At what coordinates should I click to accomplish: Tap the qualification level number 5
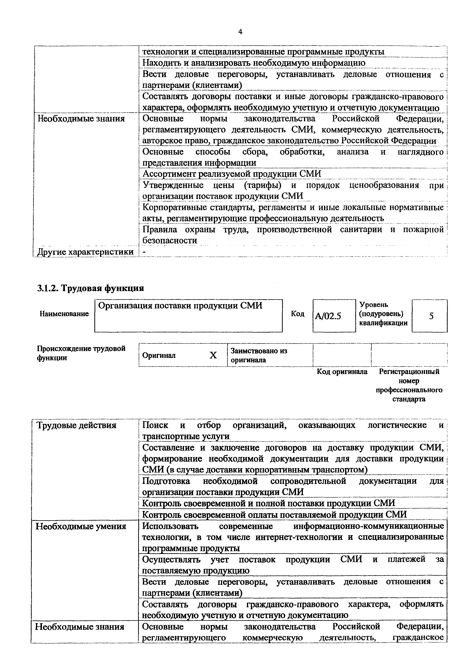tap(431, 316)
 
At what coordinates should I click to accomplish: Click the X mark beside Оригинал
tap(213, 355)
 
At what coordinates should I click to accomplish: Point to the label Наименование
tap(64, 314)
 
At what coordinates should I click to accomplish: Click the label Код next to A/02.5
tap(298, 314)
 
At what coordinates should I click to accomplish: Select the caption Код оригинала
tap(342, 372)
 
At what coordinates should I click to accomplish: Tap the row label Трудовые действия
tap(76, 425)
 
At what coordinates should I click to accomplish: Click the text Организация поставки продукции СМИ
tap(180, 306)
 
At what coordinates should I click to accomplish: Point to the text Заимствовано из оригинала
tap(259, 355)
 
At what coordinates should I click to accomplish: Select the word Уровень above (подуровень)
tap(373, 305)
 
